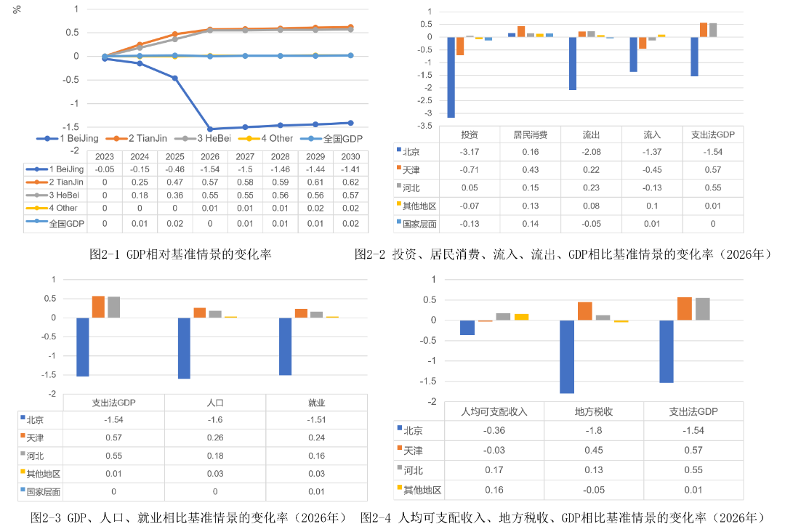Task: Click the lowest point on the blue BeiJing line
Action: [x=210, y=129]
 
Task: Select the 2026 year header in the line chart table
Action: [x=210, y=156]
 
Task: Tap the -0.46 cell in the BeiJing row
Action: [x=175, y=169]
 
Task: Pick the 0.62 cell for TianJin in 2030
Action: [x=350, y=182]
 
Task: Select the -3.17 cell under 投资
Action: [x=470, y=152]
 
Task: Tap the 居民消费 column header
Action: [x=531, y=134]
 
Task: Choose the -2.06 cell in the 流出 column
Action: [x=592, y=152]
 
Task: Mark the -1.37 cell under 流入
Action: [x=652, y=152]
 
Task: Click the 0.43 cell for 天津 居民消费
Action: [x=531, y=170]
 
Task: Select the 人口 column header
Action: [x=215, y=403]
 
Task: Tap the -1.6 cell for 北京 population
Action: [x=215, y=420]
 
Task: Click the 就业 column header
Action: [x=316, y=403]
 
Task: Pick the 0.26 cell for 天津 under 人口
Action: [x=215, y=438]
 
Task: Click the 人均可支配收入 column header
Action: [x=494, y=411]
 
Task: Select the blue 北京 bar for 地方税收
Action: [x=567, y=357]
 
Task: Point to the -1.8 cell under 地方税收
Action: [x=594, y=430]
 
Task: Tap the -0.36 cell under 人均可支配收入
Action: [x=494, y=430]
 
